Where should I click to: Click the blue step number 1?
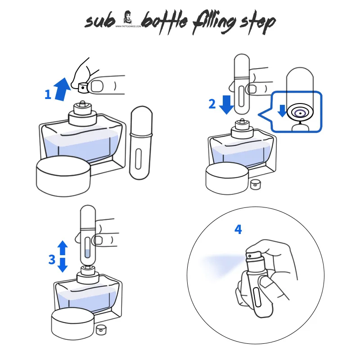[x=48, y=94]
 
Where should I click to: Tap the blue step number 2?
[x=212, y=104]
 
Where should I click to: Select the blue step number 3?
[x=52, y=260]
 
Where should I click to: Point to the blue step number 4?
[x=238, y=229]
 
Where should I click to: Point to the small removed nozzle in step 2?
[x=256, y=184]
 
